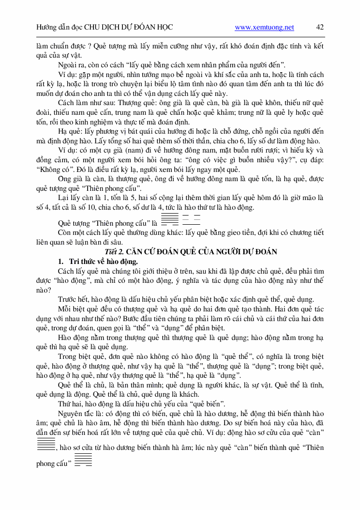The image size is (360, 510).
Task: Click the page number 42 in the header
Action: pyautogui.click(x=319, y=27)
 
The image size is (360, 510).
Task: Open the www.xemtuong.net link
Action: pyautogui.click(x=264, y=28)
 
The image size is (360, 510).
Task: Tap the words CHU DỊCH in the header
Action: pyautogui.click(x=104, y=28)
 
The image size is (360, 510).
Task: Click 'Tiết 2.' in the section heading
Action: pyautogui.click(x=116, y=251)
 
